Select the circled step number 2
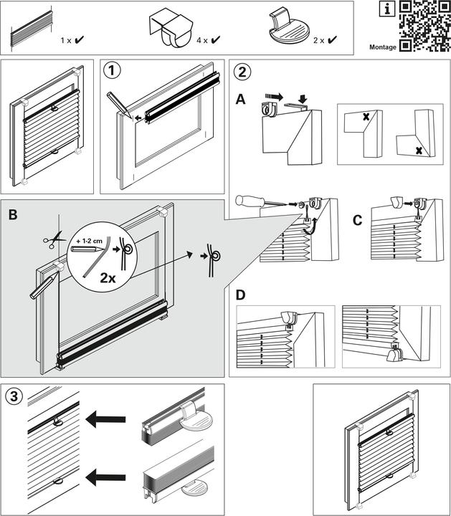244,71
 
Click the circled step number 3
14,396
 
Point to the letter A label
241,100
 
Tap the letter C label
358,219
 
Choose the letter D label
242,295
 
